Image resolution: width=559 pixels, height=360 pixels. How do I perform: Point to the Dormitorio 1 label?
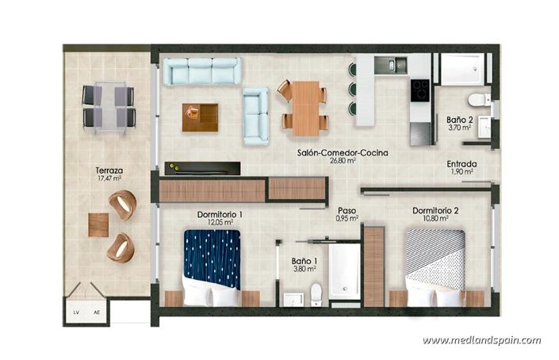[x=220, y=213]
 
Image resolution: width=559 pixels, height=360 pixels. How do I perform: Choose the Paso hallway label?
[x=347, y=210]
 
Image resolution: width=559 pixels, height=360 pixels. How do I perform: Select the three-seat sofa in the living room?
[x=201, y=71]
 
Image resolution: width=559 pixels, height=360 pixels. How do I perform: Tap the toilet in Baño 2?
[x=478, y=100]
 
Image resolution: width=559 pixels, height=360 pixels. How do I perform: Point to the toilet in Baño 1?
[x=316, y=294]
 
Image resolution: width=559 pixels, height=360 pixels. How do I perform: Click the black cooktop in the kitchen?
[x=419, y=87]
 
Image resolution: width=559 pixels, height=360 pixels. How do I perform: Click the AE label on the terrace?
[x=97, y=311]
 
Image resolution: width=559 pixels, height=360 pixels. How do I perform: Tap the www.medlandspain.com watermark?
[x=481, y=341]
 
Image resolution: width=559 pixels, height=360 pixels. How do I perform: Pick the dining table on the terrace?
[x=108, y=106]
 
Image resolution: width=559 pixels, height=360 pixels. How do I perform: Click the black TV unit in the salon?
[x=202, y=168]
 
